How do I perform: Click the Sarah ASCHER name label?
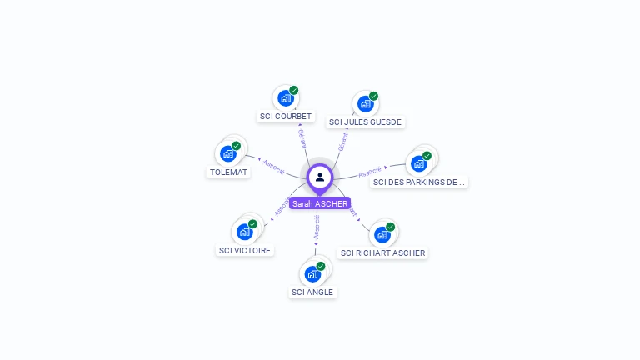(320, 203)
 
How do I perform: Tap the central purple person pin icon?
(320, 177)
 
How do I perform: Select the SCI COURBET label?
(286, 117)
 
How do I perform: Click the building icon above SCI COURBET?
(286, 98)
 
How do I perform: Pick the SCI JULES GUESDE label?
(365, 122)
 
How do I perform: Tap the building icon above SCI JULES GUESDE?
(365, 104)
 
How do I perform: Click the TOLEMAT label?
(228, 172)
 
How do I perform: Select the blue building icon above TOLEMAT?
(227, 153)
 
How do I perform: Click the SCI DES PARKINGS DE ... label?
(418, 182)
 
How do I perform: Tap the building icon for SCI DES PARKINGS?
(418, 163)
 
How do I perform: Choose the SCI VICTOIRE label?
(245, 250)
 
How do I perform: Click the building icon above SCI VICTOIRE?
(244, 232)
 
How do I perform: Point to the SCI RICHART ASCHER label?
(382, 252)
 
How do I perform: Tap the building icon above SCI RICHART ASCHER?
(382, 234)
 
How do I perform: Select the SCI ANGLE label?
(312, 292)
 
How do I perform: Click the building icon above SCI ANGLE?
(312, 273)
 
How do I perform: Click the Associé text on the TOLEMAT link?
(273, 166)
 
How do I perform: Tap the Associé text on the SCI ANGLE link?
(317, 227)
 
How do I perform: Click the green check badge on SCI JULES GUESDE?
(373, 96)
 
